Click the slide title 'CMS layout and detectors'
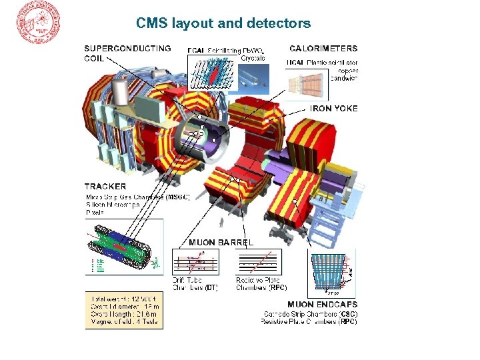(x=223, y=23)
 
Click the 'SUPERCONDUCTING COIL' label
(x=127, y=53)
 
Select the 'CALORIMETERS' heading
(x=323, y=48)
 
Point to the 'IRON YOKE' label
(x=333, y=108)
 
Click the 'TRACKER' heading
(x=105, y=186)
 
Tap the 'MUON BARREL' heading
(x=221, y=242)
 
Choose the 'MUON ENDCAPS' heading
(x=322, y=304)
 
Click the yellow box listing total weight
(x=124, y=309)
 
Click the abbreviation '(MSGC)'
(x=177, y=197)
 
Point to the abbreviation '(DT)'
(x=211, y=288)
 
